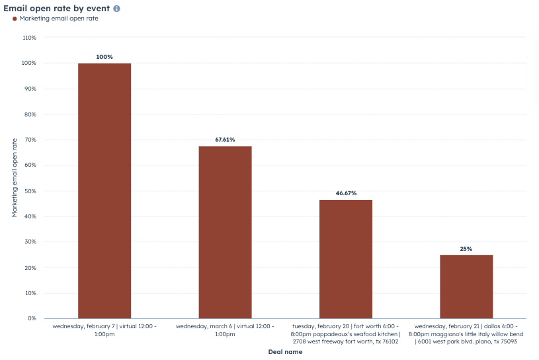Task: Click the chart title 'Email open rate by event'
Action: pos(57,9)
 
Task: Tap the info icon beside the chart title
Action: pos(117,9)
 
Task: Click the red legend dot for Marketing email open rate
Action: pos(14,19)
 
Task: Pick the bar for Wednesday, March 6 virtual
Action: pos(225,232)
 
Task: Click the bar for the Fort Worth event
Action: pos(346,259)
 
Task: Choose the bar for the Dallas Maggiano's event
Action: pos(466,287)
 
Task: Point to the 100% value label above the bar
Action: pos(104,57)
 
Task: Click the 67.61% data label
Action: pos(225,140)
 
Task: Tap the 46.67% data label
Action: pos(346,193)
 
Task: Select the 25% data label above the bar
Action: pos(466,249)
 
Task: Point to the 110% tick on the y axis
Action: pos(29,38)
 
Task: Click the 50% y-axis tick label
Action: pos(30,191)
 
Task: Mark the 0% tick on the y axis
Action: pos(32,319)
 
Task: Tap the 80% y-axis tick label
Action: pos(30,114)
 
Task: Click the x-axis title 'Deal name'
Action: pos(285,352)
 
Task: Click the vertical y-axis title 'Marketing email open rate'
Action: pos(15,177)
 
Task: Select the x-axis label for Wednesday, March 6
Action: pos(225,330)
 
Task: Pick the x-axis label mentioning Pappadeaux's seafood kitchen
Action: pos(346,334)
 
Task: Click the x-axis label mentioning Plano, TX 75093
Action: pos(466,334)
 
